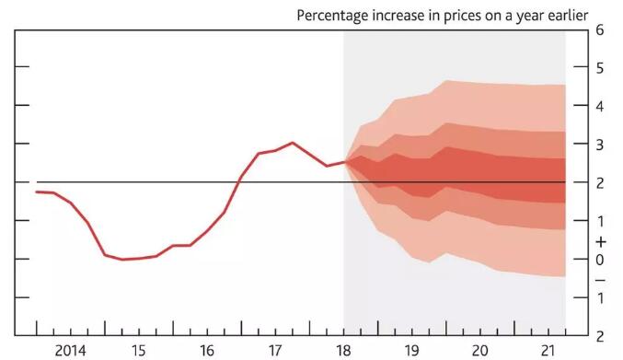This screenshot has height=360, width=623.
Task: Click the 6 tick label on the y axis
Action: [x=599, y=29]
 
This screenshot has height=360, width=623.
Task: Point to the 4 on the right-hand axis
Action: [x=599, y=106]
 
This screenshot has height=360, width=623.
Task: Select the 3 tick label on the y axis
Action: [x=599, y=145]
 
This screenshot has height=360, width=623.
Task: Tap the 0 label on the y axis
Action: [x=599, y=260]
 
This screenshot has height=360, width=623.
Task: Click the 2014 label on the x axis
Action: [x=71, y=351]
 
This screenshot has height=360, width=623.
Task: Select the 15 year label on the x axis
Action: [x=138, y=351]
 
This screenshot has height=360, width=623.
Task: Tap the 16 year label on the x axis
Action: [x=206, y=351]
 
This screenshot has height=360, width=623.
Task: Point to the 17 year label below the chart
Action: [x=274, y=351]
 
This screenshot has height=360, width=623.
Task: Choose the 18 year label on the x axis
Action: [x=343, y=351]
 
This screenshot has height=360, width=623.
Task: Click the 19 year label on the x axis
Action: [x=411, y=351]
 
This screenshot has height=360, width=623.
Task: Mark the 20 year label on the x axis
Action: [x=479, y=351]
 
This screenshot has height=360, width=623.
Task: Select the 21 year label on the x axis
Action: [x=548, y=351]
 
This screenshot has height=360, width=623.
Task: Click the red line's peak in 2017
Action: [x=292, y=143]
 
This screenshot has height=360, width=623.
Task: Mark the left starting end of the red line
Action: [x=36, y=192]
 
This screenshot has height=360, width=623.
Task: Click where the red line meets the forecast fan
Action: [x=344, y=162]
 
